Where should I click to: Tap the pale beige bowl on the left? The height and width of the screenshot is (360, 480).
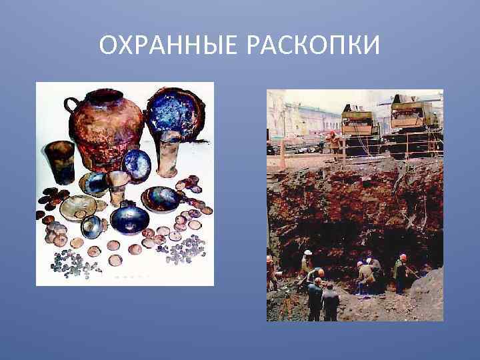click(x=78, y=207)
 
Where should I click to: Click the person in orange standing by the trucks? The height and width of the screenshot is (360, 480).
click(x=333, y=141)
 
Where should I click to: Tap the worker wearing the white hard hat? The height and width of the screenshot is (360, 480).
click(x=307, y=264)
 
